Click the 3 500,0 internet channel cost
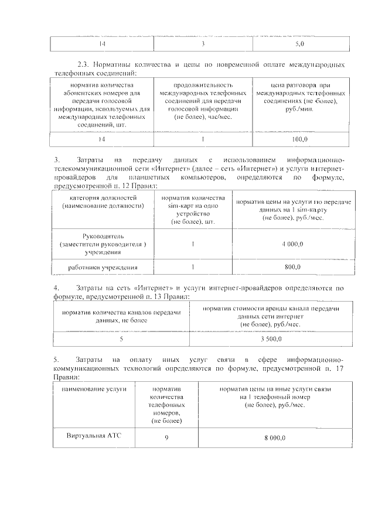(271, 339)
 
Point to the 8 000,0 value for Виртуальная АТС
(274, 437)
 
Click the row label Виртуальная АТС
(92, 435)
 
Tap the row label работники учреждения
(103, 268)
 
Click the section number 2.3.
(83, 64)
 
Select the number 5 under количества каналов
(121, 339)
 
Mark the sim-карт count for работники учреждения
(193, 267)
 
